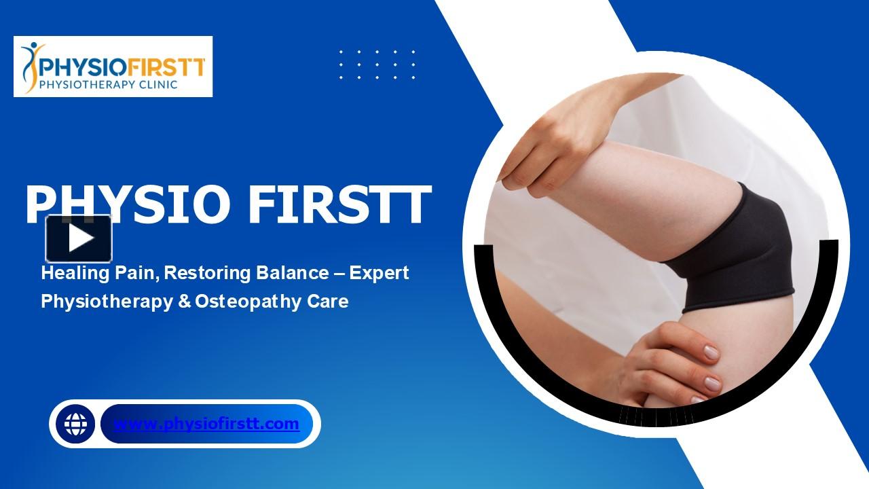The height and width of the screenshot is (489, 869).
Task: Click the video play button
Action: pyautogui.click(x=79, y=238)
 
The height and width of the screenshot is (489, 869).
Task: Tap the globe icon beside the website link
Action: pyautogui.click(x=75, y=424)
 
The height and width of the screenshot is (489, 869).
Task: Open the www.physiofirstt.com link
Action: pyautogui.click(x=206, y=424)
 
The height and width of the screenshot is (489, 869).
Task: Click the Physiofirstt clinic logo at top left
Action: pyautogui.click(x=113, y=67)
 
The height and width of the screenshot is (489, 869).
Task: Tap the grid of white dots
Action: pyautogui.click(x=377, y=65)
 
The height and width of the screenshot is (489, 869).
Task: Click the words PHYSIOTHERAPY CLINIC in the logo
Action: pyautogui.click(x=109, y=85)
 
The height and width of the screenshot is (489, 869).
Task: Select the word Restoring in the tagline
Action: pyautogui.click(x=208, y=273)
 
